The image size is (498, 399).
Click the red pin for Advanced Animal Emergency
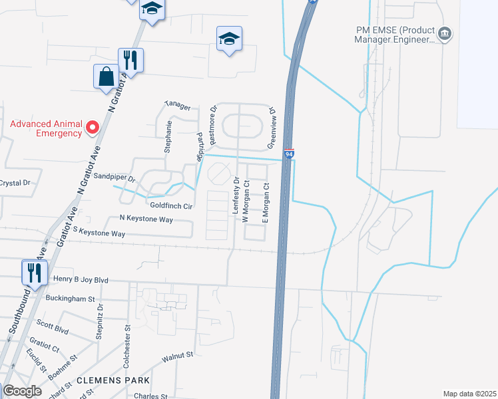coord(93,126)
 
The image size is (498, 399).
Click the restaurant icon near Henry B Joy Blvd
coord(33,271)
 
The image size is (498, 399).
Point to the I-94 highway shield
coord(289,154)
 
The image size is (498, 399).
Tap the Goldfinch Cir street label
coord(171,206)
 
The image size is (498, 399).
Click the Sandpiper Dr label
coord(115,178)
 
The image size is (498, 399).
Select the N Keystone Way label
coord(146,218)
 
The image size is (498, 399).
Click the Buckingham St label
coord(71,299)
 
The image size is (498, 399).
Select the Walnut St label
coord(178,356)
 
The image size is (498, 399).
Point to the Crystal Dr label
coord(15,183)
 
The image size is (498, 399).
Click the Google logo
coord(22,390)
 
